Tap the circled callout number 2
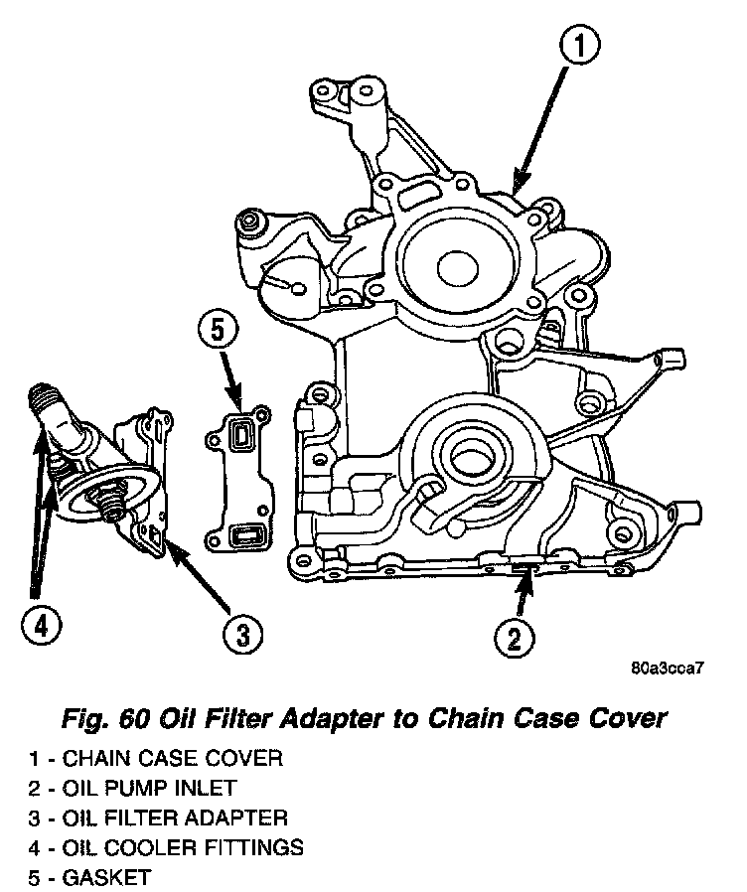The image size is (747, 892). pos(514,637)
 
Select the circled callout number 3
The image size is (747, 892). pos(240,632)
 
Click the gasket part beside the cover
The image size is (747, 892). pos(237,476)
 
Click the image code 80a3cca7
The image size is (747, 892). pos(667,667)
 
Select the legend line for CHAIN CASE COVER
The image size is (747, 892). pos(156,759)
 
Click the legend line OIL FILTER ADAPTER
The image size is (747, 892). pos(158,818)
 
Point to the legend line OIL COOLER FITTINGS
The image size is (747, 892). pos(165,848)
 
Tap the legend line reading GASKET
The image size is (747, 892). pos(90,878)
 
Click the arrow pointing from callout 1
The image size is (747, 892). pos(544,118)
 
